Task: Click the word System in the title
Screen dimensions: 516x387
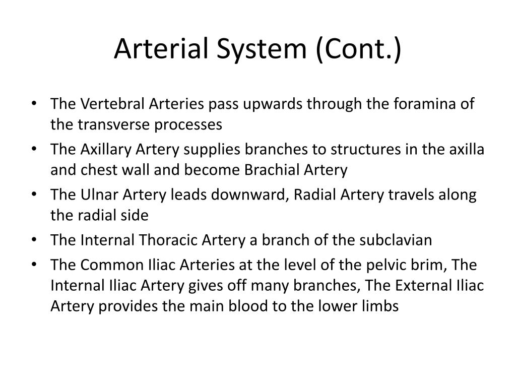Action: (262, 49)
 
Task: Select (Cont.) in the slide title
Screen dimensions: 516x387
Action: (358, 49)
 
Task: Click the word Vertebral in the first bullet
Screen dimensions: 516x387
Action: (112, 104)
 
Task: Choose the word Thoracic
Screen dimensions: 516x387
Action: (167, 240)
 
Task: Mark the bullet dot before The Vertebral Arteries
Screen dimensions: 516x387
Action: (34, 103)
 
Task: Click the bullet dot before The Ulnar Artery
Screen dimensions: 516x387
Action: (34, 194)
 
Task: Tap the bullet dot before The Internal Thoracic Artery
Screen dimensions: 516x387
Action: (34, 239)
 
